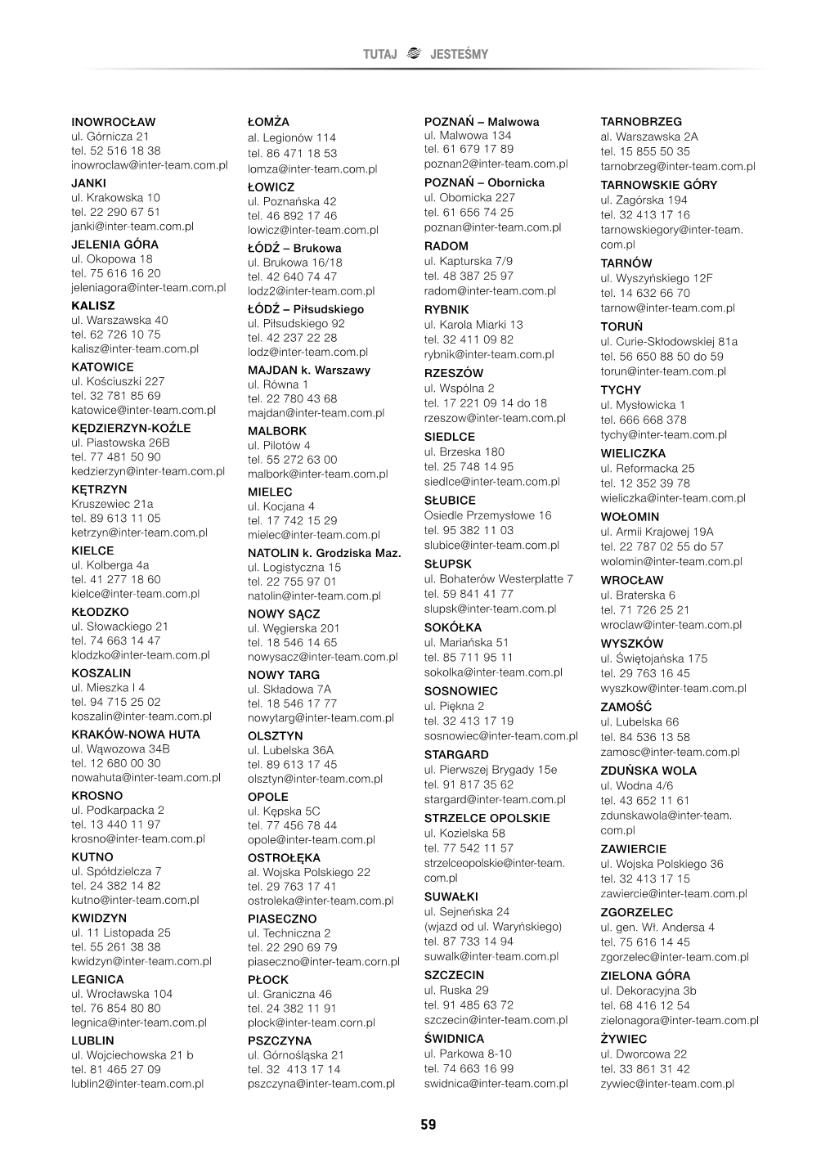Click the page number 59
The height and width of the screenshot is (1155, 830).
click(428, 1125)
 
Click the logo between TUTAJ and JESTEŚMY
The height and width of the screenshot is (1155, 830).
click(414, 54)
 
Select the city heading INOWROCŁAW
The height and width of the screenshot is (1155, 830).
click(114, 122)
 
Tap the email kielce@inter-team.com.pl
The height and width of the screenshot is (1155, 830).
click(136, 594)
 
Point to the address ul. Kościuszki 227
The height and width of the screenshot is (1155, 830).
click(119, 381)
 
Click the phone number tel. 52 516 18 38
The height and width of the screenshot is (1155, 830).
click(116, 151)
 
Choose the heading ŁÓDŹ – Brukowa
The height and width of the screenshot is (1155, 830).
click(294, 248)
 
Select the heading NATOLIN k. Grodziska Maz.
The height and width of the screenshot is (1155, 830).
click(325, 553)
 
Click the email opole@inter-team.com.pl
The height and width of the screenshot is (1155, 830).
click(312, 840)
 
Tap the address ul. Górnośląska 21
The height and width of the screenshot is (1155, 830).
click(296, 1055)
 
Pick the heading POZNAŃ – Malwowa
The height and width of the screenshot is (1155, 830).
click(482, 122)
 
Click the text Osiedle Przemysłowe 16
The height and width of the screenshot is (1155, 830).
click(488, 515)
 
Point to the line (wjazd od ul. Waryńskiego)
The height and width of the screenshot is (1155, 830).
click(493, 927)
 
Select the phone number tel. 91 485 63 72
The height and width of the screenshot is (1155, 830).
click(469, 1004)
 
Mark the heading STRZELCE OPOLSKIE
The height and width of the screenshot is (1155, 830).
click(487, 818)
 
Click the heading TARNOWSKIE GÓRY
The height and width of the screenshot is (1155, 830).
click(658, 185)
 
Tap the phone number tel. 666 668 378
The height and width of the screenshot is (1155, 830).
click(644, 420)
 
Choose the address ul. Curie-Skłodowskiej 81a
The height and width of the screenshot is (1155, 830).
click(669, 342)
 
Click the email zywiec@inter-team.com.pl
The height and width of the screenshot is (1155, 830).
click(667, 1084)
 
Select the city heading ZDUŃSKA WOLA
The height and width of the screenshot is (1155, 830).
click(648, 771)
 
